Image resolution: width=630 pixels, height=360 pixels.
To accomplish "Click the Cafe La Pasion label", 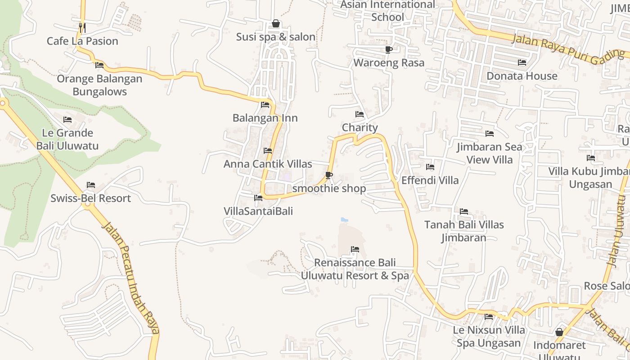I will point(82,41).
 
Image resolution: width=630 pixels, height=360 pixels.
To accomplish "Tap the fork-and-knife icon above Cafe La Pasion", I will point(82,28).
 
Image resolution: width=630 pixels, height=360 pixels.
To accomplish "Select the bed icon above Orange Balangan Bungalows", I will point(99,65).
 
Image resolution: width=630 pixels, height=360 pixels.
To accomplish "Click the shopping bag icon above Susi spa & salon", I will point(276,23).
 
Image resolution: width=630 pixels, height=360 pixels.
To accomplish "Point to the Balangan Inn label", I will point(265,118).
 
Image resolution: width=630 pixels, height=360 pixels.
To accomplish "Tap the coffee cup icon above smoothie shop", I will point(329,175).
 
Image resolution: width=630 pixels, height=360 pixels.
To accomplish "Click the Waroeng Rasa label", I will point(389,63).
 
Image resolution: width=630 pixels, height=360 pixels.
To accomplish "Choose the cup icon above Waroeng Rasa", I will point(389,49).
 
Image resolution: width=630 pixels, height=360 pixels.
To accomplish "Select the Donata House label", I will point(522,76).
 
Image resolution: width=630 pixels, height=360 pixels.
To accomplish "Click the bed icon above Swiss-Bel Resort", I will point(91,185).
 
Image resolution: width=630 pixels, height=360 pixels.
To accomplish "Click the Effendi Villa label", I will point(430,180).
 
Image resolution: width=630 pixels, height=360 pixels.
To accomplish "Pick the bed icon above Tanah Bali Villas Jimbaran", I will point(464,211).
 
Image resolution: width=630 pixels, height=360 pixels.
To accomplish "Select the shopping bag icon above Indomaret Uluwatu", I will point(559,332).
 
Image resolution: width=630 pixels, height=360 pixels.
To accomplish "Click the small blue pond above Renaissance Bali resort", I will point(344,220).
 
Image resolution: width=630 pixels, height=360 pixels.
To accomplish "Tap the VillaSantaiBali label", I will point(258,211).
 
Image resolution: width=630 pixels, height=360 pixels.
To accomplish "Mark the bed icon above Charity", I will point(360,114).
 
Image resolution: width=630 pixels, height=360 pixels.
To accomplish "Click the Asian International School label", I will point(388,11).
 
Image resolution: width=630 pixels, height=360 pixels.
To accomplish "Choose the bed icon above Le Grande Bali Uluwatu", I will point(67,120).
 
